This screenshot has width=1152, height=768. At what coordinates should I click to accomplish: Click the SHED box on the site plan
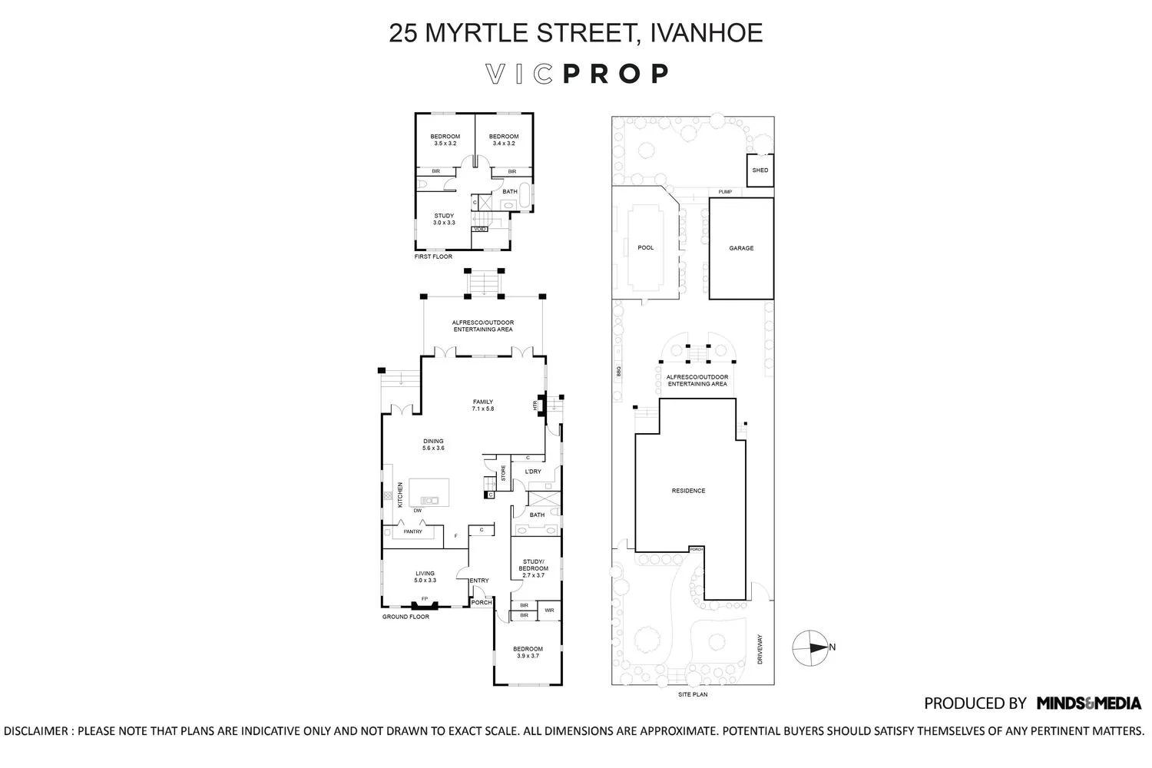760,170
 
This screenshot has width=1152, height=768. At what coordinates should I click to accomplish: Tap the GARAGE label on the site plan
741,248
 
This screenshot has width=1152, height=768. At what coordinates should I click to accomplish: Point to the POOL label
646,247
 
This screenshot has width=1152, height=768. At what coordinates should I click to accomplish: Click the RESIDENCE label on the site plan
688,491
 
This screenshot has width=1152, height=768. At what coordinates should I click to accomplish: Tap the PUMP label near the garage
725,192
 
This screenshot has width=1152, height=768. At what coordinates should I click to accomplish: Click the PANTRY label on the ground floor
413,531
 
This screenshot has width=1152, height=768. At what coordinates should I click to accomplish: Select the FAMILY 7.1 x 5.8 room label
483,405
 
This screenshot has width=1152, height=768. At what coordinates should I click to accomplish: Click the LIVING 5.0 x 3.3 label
425,577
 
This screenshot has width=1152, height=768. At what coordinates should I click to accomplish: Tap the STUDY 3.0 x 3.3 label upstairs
444,219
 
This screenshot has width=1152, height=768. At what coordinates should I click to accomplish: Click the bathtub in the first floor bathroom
525,197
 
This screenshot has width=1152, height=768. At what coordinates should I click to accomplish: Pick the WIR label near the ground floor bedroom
549,611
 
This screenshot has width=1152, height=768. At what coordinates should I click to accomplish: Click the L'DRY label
533,472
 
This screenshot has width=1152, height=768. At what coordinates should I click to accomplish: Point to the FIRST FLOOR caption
433,257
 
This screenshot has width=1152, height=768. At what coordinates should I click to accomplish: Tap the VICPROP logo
578,74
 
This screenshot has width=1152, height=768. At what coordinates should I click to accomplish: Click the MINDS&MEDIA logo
1088,703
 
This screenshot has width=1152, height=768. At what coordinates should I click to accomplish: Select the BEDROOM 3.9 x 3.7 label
528,652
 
